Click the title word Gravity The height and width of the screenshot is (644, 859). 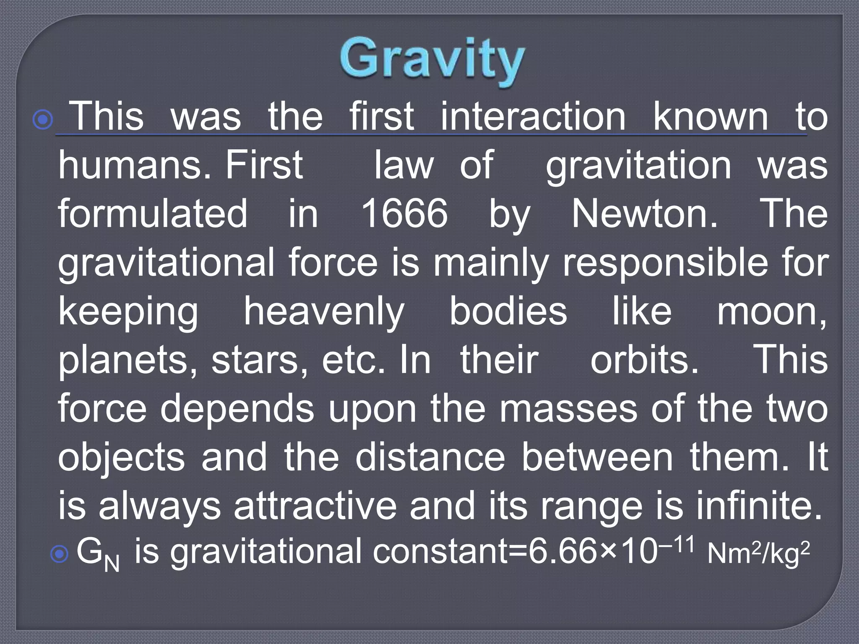click(432, 60)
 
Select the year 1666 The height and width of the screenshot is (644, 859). click(404, 214)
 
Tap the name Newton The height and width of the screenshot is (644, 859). click(645, 214)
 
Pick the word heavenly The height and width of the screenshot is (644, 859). click(324, 312)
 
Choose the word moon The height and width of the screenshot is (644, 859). click(771, 312)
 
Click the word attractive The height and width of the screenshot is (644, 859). click(315, 506)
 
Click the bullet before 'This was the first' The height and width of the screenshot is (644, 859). click(43, 120)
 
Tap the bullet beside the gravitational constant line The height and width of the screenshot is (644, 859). click(59, 555)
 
